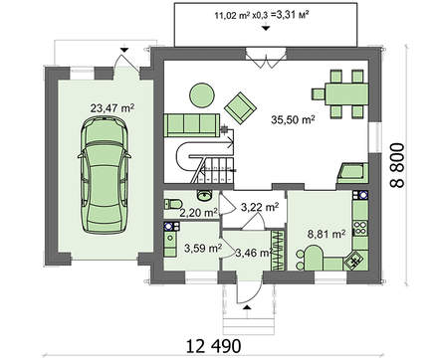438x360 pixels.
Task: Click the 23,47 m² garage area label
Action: pos(112,108)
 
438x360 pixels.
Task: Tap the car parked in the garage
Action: pos(105,175)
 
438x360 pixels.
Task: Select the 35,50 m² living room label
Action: pos(293,119)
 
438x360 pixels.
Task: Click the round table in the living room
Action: pos(202,95)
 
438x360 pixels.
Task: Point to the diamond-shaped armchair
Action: pos(240,107)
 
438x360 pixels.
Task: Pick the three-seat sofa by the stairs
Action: pos(192,125)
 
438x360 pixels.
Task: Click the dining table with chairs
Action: pos(340,93)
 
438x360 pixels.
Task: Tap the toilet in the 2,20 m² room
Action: pos(172,204)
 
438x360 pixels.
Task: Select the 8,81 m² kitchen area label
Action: pos(327,234)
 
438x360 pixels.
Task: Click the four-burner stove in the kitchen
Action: pos(360,228)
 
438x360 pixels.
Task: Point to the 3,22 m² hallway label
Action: pos(260,207)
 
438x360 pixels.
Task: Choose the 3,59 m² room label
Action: pos(203,249)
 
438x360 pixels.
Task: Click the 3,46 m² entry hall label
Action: pos(254,254)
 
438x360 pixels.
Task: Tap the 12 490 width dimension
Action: pos(213,347)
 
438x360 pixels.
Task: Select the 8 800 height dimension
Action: pos(397,165)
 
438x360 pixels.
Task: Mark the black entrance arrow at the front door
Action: pos(247,307)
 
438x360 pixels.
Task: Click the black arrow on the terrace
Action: pos(265,29)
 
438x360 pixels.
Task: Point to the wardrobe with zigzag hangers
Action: pos(278,251)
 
